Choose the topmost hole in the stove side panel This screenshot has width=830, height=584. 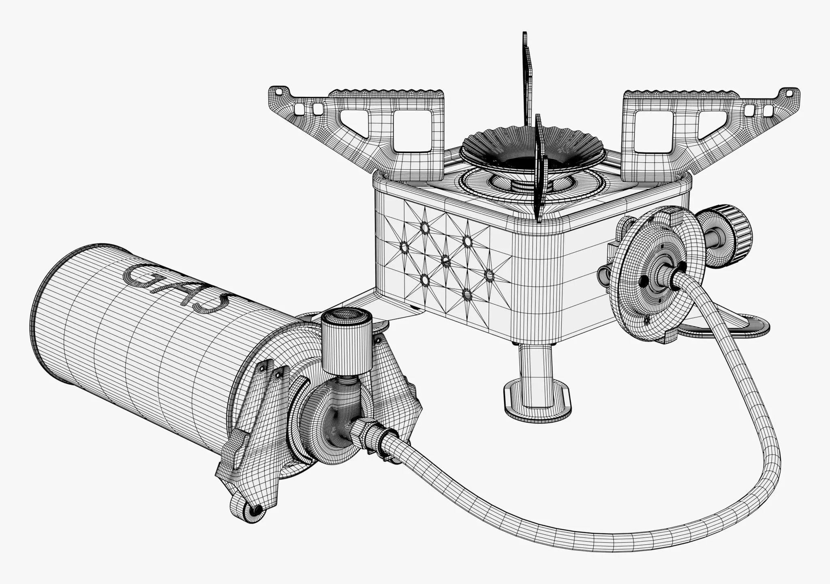425,228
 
